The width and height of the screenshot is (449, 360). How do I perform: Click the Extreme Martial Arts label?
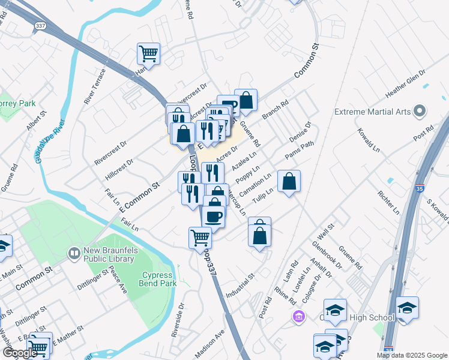[x=372, y=112]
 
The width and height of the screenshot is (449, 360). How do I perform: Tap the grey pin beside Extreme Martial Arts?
[x=420, y=112]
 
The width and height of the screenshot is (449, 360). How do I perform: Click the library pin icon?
[x=74, y=253]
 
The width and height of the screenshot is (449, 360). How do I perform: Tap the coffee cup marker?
[x=213, y=216]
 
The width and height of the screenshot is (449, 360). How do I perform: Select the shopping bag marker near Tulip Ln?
[x=289, y=181]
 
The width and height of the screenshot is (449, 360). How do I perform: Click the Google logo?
[x=20, y=353]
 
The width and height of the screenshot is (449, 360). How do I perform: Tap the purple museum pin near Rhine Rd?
[x=297, y=316]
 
